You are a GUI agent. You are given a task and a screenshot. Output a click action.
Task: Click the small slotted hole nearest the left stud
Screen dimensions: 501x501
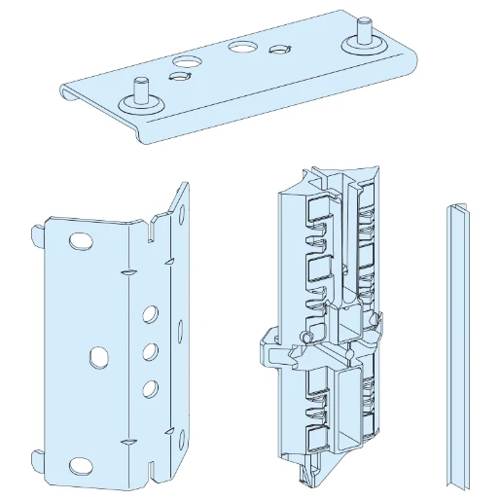[179, 77]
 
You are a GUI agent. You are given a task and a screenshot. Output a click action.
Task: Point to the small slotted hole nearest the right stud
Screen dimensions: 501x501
[281, 52]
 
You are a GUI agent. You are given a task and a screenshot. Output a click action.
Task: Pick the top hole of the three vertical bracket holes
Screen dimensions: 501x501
[151, 314]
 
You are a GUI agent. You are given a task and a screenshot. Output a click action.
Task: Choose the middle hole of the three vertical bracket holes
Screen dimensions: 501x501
[151, 350]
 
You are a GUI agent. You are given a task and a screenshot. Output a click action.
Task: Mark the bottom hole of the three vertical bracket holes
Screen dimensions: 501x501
[150, 388]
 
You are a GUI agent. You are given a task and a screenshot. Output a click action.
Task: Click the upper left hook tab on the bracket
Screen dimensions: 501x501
[36, 234]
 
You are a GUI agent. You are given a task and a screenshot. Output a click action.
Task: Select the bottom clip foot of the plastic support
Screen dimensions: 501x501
[309, 476]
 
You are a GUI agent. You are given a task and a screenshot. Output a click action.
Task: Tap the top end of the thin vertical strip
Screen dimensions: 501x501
[456, 210]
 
